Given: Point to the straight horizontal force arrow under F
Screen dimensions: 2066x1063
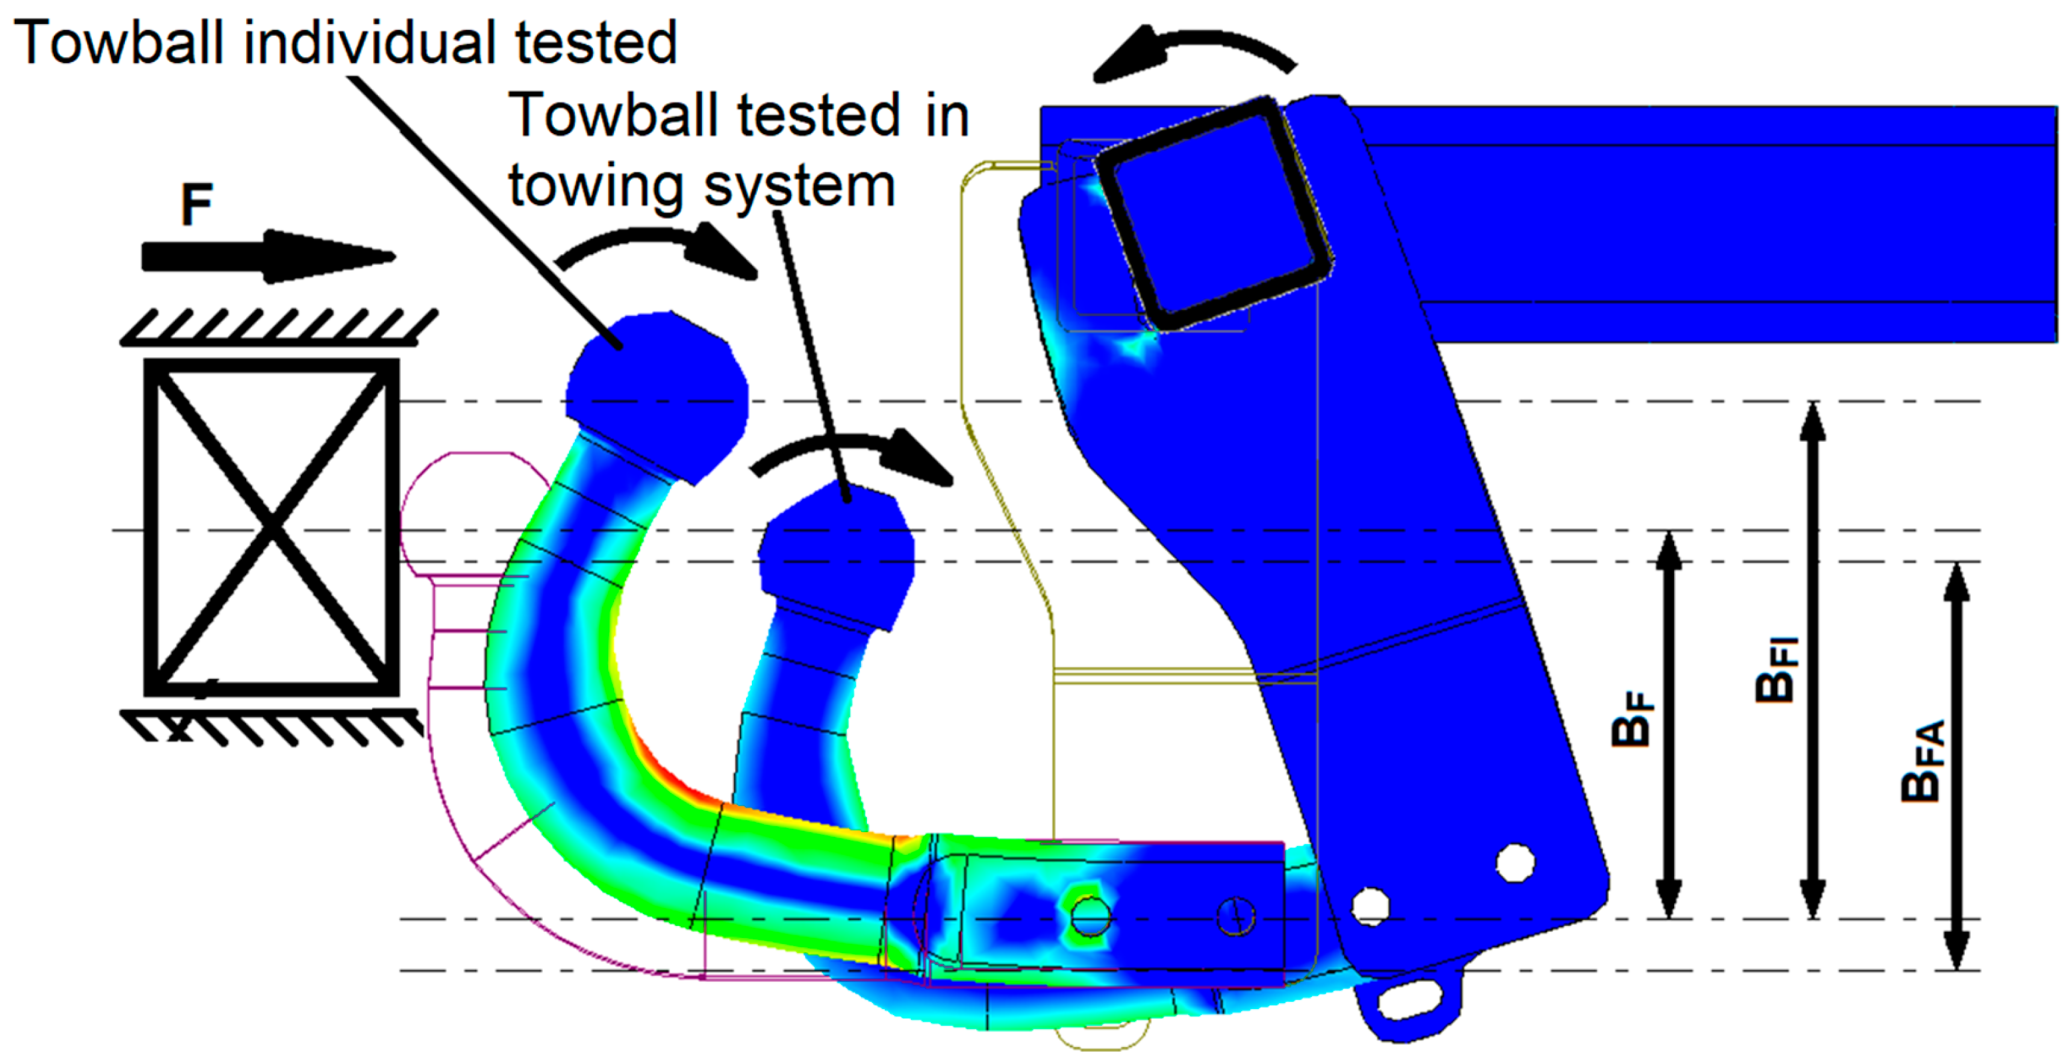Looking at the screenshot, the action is [x=269, y=257].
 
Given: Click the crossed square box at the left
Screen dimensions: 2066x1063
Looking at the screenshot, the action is [x=271, y=528].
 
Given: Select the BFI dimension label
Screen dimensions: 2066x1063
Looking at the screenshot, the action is [x=1777, y=669].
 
